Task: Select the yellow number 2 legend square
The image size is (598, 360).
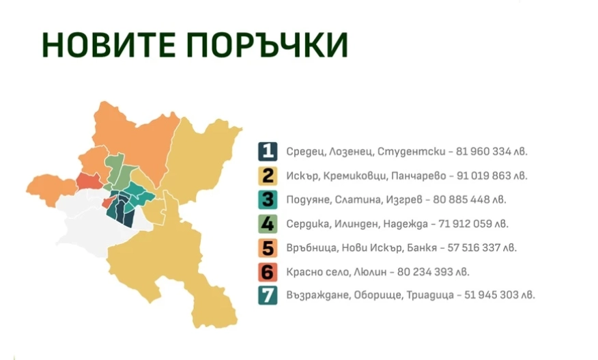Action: pos(268,176)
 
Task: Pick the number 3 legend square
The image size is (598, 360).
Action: pos(268,199)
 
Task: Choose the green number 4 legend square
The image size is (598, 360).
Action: pos(268,223)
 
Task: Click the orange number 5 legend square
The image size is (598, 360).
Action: pos(268,247)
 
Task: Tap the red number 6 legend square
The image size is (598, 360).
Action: pos(268,271)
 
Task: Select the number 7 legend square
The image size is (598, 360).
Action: pos(268,295)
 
